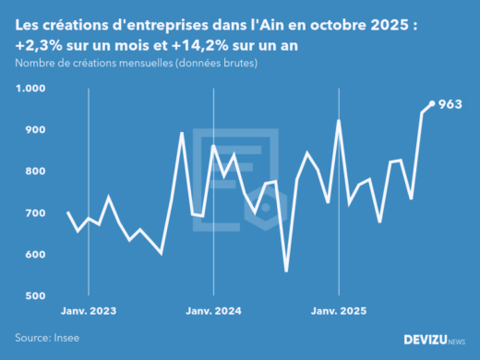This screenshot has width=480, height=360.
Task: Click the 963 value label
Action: pos(450,104)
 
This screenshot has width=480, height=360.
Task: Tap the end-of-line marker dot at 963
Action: pos(433,103)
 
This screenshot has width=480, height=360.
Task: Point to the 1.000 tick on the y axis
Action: pos(30,89)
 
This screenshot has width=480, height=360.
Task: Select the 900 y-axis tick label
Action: pos(33,130)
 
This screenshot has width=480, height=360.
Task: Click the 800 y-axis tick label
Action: pos(33,172)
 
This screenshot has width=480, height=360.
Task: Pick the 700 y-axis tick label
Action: pos(33,213)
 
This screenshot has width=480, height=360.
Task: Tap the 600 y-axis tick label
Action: pos(33,255)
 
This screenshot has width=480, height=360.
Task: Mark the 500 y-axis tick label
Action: pos(33,296)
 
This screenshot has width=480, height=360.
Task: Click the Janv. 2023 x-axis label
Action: pos(88,313)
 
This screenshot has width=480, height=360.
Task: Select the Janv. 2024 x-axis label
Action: pos(213,313)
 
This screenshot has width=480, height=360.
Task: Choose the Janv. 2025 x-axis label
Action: pos(339,313)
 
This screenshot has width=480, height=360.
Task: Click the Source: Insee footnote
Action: pos(47,338)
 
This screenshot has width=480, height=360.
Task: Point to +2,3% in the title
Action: pos(39,44)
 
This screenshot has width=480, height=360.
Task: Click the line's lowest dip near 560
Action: pos(286,270)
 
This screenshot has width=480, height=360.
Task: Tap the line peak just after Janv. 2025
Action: pos(339,121)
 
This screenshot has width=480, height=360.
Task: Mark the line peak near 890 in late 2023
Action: pos(182,134)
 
